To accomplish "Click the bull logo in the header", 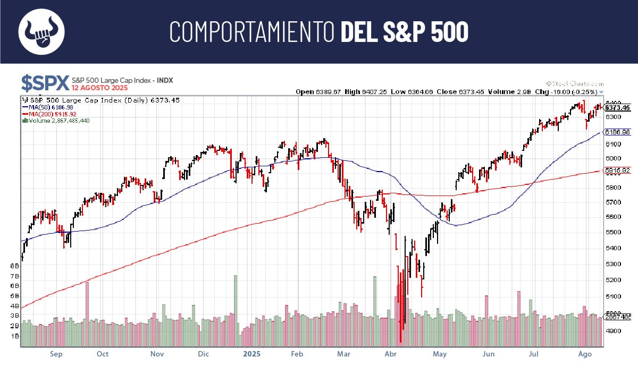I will pos(41,31).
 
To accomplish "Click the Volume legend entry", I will pos(55,121).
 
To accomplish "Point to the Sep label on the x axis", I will pos(56,354).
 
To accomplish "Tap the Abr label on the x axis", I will pos(391,354).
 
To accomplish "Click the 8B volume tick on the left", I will pos(15,266).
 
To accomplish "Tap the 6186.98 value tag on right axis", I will pos(618,132).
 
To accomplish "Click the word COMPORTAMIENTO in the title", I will pos(253,32).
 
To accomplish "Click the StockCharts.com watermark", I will pos(575,84).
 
